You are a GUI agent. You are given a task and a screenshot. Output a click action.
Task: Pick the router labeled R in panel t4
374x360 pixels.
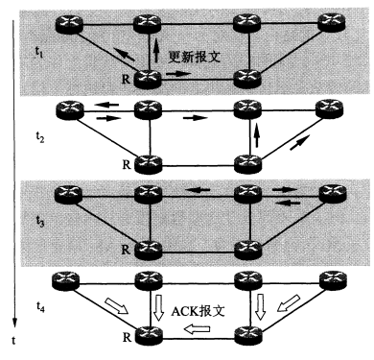[147, 335]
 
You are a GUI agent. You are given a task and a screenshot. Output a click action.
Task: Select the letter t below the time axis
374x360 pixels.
[12, 340]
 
